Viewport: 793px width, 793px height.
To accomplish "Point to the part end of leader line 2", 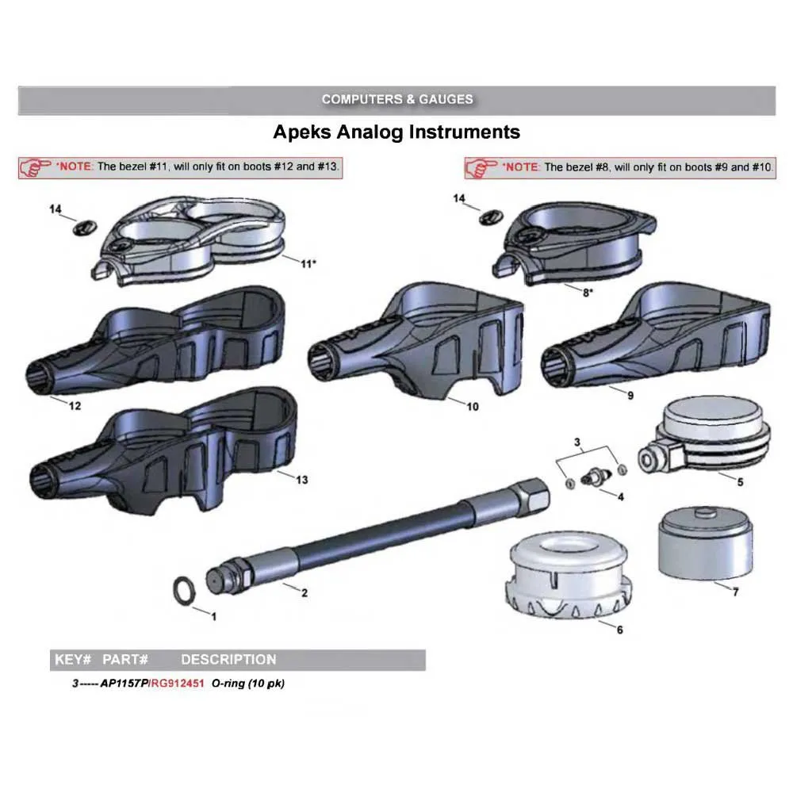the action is click(x=284, y=584).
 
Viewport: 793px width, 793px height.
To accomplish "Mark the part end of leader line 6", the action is click(x=600, y=621).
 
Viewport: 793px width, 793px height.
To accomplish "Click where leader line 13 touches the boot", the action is click(x=278, y=471).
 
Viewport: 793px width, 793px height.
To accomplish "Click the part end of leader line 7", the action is click(x=714, y=582).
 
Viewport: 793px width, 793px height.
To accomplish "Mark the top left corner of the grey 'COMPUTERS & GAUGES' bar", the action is click(x=18, y=86).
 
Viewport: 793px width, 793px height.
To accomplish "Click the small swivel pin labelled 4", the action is click(x=597, y=476).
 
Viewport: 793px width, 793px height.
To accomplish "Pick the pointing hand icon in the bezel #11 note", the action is click(x=34, y=167).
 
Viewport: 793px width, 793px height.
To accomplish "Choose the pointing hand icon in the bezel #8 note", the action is click(x=481, y=168).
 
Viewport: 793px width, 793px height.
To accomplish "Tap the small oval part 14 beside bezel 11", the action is click(x=85, y=228).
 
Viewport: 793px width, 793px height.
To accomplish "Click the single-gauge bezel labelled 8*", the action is click(x=573, y=242).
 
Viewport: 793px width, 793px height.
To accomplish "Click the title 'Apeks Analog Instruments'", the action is click(x=396, y=132).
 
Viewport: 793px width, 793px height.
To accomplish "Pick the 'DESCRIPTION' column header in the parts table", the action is click(x=228, y=660).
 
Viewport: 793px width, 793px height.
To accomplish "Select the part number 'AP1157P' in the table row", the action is click(x=125, y=684).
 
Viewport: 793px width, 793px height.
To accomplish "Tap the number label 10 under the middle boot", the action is click(x=473, y=407).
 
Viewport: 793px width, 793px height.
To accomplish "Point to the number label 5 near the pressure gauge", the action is click(x=740, y=482).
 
